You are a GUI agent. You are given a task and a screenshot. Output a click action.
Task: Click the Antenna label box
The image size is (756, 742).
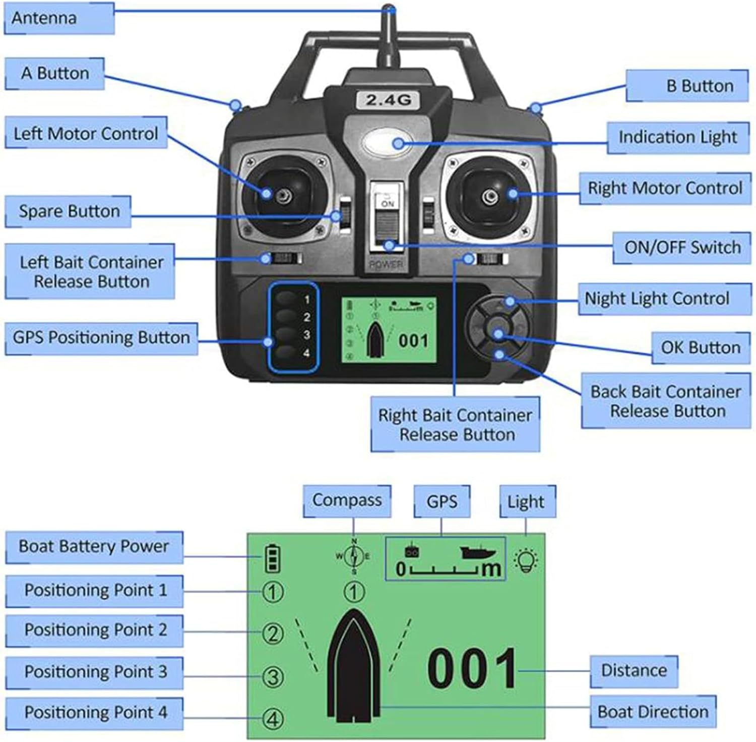(x=59, y=18)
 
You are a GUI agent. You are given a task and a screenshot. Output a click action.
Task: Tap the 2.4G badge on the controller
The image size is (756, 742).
(x=388, y=99)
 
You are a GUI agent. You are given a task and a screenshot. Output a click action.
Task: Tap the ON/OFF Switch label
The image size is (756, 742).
(x=682, y=248)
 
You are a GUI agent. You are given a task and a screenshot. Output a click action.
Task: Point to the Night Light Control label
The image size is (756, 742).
(x=657, y=299)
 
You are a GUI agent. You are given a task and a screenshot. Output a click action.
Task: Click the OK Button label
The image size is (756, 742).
(x=701, y=348)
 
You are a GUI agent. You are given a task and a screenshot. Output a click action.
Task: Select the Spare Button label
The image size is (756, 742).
(x=69, y=211)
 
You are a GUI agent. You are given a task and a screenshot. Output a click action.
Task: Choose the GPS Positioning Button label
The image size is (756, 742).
(x=101, y=337)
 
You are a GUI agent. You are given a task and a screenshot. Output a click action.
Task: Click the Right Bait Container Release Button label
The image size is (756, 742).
(x=455, y=424)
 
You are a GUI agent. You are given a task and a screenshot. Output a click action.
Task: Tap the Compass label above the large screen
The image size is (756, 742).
(x=347, y=500)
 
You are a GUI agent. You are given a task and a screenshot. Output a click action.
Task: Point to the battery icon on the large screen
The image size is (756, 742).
(x=272, y=558)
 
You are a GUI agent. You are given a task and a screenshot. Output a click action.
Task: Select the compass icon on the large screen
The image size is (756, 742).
(x=354, y=556)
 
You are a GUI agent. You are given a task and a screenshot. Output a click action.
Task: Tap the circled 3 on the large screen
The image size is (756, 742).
(x=273, y=676)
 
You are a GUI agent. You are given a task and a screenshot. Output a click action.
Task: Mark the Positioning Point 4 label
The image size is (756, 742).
(x=95, y=713)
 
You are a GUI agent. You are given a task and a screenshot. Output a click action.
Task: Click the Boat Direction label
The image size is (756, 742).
(x=653, y=712)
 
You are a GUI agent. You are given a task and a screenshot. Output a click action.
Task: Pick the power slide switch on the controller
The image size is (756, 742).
(x=387, y=222)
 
